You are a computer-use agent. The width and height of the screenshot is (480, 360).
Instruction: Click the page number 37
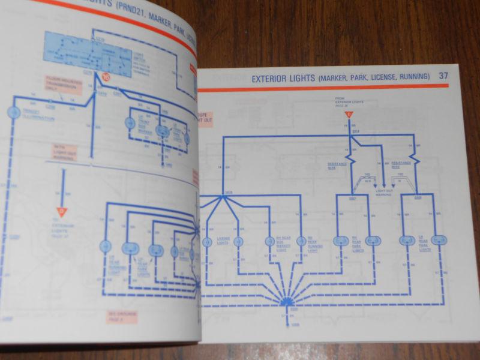point(443,76)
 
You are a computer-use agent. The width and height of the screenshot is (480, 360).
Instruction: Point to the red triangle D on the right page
point(347,115)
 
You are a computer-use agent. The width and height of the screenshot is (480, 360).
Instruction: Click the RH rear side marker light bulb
point(270,241)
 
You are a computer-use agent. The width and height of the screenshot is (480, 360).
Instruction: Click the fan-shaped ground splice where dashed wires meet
point(286,299)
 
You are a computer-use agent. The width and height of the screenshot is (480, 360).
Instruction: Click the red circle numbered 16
point(106,76)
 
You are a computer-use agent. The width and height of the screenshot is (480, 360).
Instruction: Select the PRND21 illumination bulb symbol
point(13,113)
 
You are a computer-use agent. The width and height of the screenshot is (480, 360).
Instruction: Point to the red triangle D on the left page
point(61,211)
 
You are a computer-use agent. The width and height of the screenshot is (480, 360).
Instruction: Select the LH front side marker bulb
point(129,122)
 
